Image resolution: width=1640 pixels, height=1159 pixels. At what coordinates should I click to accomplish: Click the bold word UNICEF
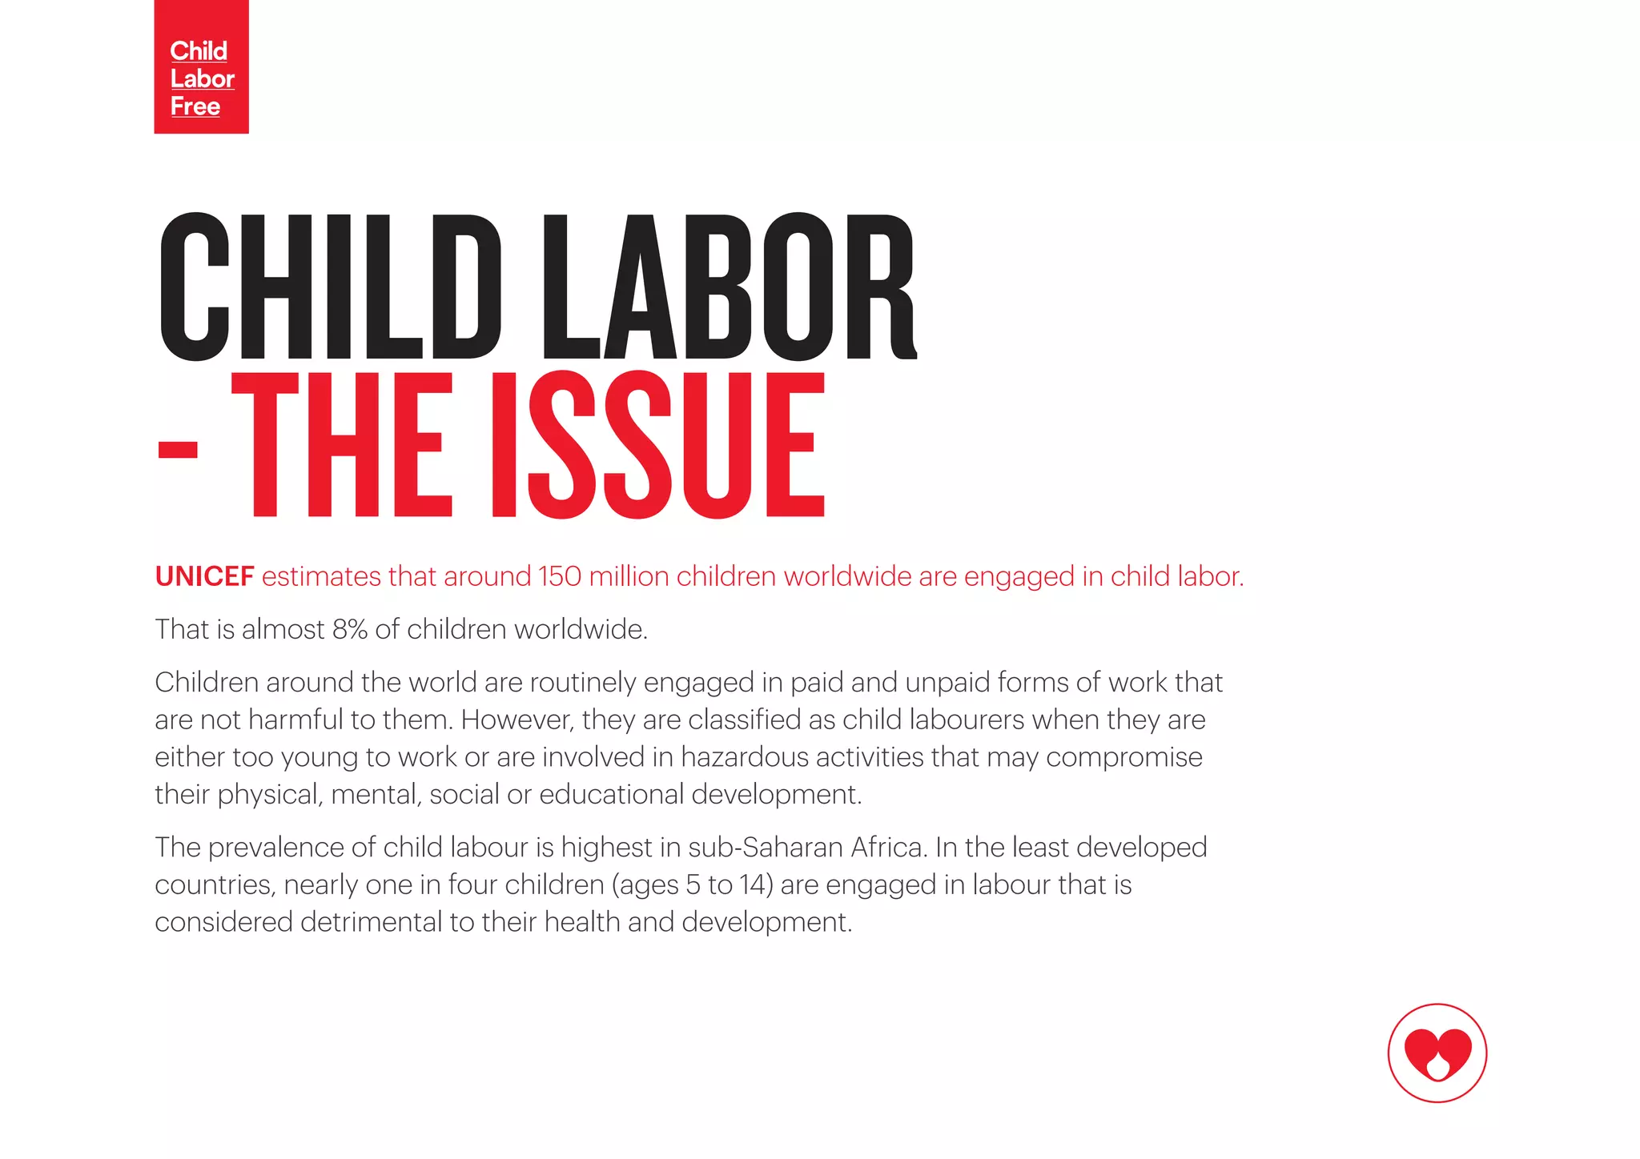click(x=204, y=576)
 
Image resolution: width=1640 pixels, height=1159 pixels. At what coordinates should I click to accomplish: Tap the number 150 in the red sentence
click(x=560, y=576)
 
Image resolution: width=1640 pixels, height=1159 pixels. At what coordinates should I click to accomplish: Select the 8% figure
click(x=350, y=630)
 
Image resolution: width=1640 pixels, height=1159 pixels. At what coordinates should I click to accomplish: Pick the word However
click(x=517, y=720)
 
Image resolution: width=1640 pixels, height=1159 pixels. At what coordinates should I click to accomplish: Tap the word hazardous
click(x=745, y=757)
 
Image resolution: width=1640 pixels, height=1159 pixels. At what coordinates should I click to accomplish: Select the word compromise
click(x=1124, y=757)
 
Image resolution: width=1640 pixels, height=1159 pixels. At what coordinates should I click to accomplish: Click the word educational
click(x=612, y=795)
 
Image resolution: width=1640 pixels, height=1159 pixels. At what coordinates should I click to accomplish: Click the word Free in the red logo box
click(x=195, y=106)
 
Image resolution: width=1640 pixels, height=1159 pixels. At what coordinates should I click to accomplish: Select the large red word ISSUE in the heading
click(x=657, y=445)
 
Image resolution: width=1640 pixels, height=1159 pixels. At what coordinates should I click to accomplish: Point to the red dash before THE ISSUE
click(x=178, y=448)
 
